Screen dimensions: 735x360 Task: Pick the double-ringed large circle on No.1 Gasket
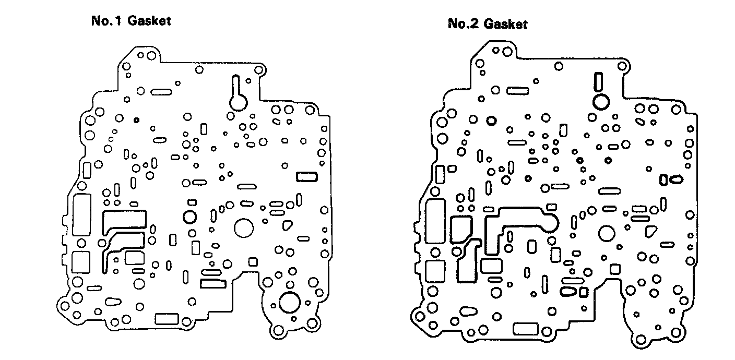pos(289,302)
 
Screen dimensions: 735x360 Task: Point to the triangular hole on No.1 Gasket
pos(287,225)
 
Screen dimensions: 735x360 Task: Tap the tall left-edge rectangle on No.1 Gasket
pos(82,214)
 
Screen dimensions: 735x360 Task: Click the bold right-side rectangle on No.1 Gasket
pos(306,177)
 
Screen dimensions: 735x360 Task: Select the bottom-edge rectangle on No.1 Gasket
pos(167,319)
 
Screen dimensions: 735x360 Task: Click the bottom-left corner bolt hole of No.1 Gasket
pos(65,306)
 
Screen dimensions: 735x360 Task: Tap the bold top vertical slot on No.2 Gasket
pos(598,82)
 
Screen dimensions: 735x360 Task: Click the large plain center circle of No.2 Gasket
pos(607,233)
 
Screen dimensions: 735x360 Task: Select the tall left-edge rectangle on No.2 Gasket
pos(435,220)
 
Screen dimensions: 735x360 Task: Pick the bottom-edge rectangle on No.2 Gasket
pos(526,329)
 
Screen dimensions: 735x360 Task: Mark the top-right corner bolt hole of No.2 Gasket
pos(622,66)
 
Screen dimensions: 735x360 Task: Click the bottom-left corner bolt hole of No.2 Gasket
pos(419,315)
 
